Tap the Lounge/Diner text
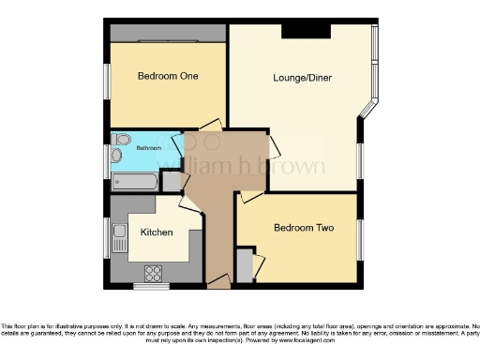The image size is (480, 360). [299, 78]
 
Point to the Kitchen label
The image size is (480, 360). [156, 232]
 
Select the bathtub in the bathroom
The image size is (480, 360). [131, 181]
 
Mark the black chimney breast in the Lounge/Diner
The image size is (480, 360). [306, 31]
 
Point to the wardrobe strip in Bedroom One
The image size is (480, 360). [167, 34]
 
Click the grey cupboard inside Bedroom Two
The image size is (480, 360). [244, 265]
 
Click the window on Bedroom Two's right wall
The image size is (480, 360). [360, 239]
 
